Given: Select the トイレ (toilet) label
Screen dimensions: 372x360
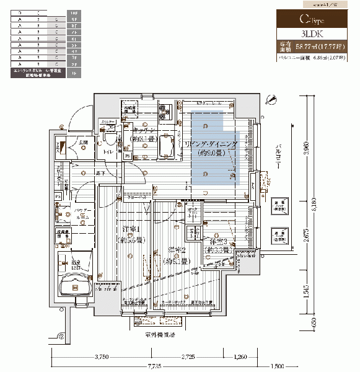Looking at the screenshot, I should tap(108, 151).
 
